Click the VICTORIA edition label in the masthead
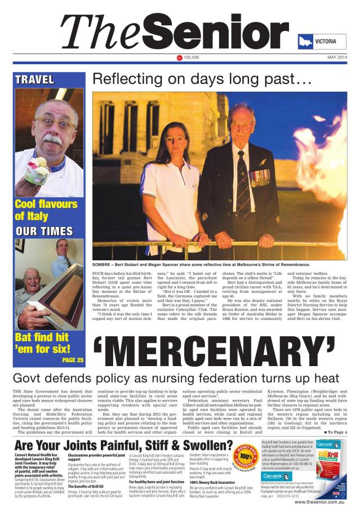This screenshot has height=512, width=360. pos(326,42)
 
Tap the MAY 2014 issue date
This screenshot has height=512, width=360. pos(337,57)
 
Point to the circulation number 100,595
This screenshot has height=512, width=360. pos(192,57)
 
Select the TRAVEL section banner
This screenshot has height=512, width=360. pos(35,79)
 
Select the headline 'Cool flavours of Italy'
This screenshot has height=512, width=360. pos(46,210)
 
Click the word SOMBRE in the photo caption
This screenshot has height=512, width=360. pos(106,263)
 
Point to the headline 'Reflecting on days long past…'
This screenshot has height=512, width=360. pos(202,81)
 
